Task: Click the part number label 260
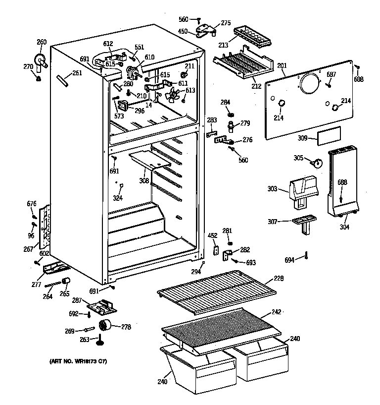[x=42, y=42]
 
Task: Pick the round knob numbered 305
[x=317, y=162]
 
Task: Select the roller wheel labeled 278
[x=104, y=325]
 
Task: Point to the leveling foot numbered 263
[x=101, y=341]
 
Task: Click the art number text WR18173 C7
[x=78, y=361]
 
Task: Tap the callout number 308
[x=144, y=181]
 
